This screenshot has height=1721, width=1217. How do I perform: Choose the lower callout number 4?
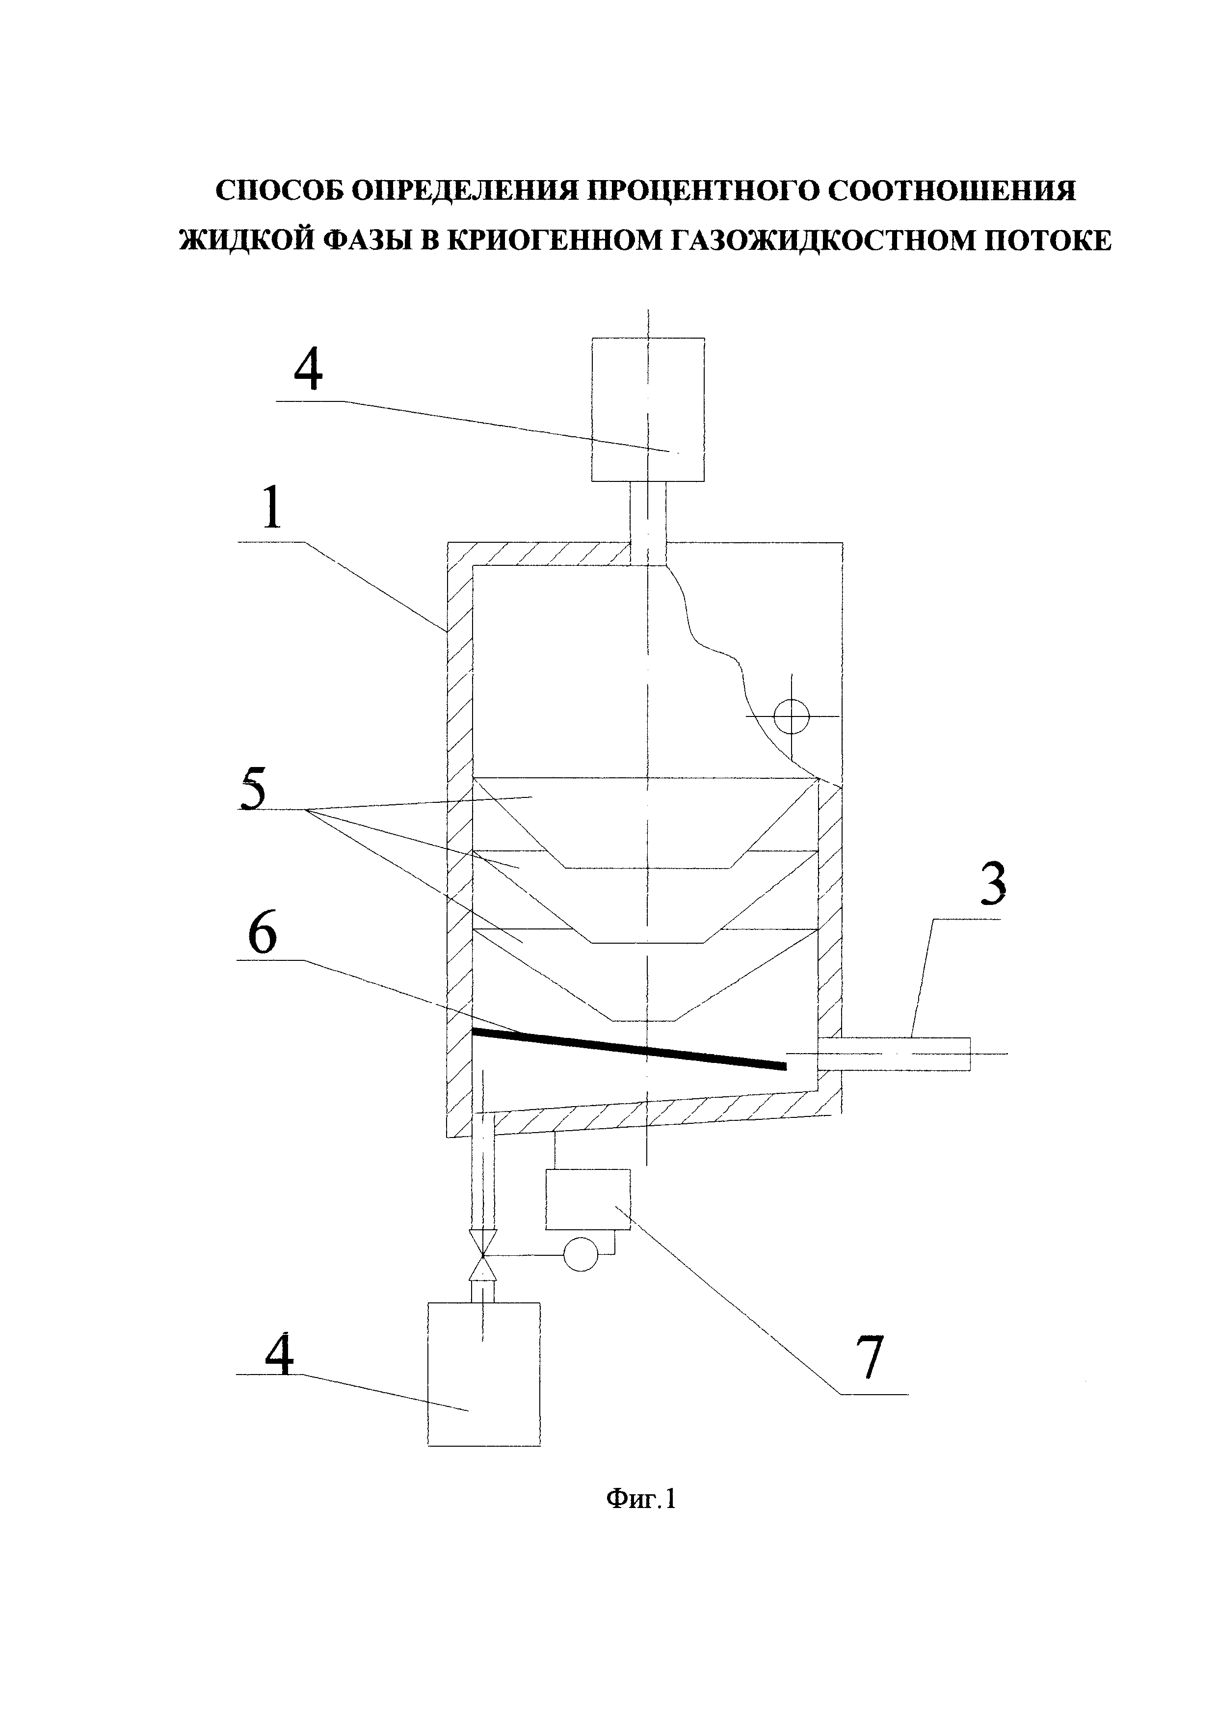point(278,1355)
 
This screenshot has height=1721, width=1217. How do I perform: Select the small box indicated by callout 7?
point(587,1199)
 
